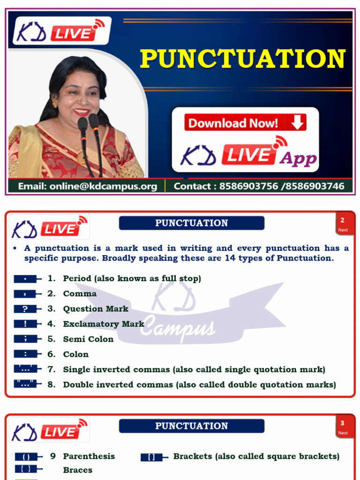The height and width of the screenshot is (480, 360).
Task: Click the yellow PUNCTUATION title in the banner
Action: tap(243, 59)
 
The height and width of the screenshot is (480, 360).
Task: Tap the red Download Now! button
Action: tap(245, 123)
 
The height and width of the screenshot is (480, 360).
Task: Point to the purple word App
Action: tap(298, 158)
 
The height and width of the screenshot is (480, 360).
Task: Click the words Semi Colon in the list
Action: tap(88, 339)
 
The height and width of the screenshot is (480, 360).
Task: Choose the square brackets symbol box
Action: tap(151, 457)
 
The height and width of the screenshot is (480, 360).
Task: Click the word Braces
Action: tap(78, 470)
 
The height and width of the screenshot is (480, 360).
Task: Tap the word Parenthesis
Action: tap(89, 456)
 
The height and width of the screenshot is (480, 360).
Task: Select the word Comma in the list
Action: tap(80, 293)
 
